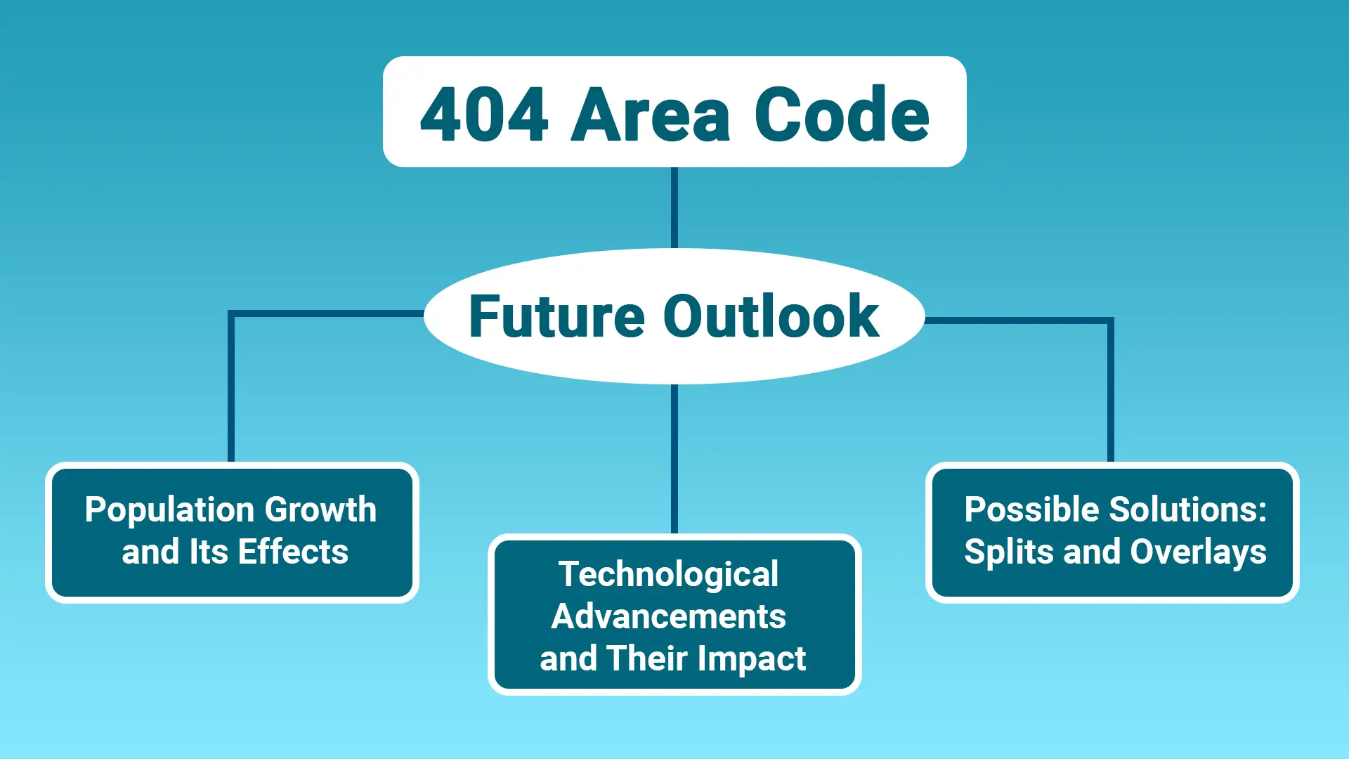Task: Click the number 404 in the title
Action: click(483, 115)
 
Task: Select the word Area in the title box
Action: click(651, 115)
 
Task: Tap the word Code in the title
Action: click(842, 115)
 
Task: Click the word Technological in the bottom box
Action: click(668, 575)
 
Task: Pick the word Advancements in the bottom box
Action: click(668, 616)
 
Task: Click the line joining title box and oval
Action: click(674, 207)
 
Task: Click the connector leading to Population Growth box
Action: click(231, 387)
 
